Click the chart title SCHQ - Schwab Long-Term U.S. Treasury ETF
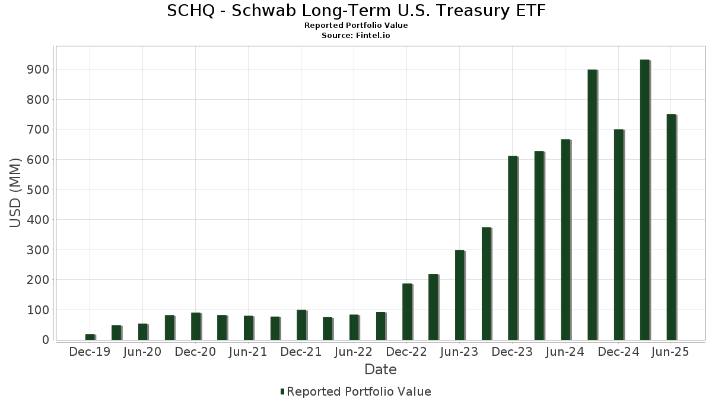coord(356,11)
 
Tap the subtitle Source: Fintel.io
coord(355,35)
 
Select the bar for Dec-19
coord(90,337)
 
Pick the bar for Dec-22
coord(407,311)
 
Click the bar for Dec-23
coord(513,248)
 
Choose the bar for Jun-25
coord(672,227)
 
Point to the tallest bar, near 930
coord(646,200)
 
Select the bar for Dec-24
coord(619,235)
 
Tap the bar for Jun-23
coord(460,295)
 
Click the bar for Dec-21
coord(301,325)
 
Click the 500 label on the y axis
coord(38,190)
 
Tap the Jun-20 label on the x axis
coord(142,352)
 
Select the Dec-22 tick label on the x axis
coord(406,352)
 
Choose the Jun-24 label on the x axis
coord(565,352)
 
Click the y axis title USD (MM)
coord(15,193)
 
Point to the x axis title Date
coord(380,370)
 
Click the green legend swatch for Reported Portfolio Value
coord(282,391)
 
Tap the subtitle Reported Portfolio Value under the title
coord(356,26)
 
